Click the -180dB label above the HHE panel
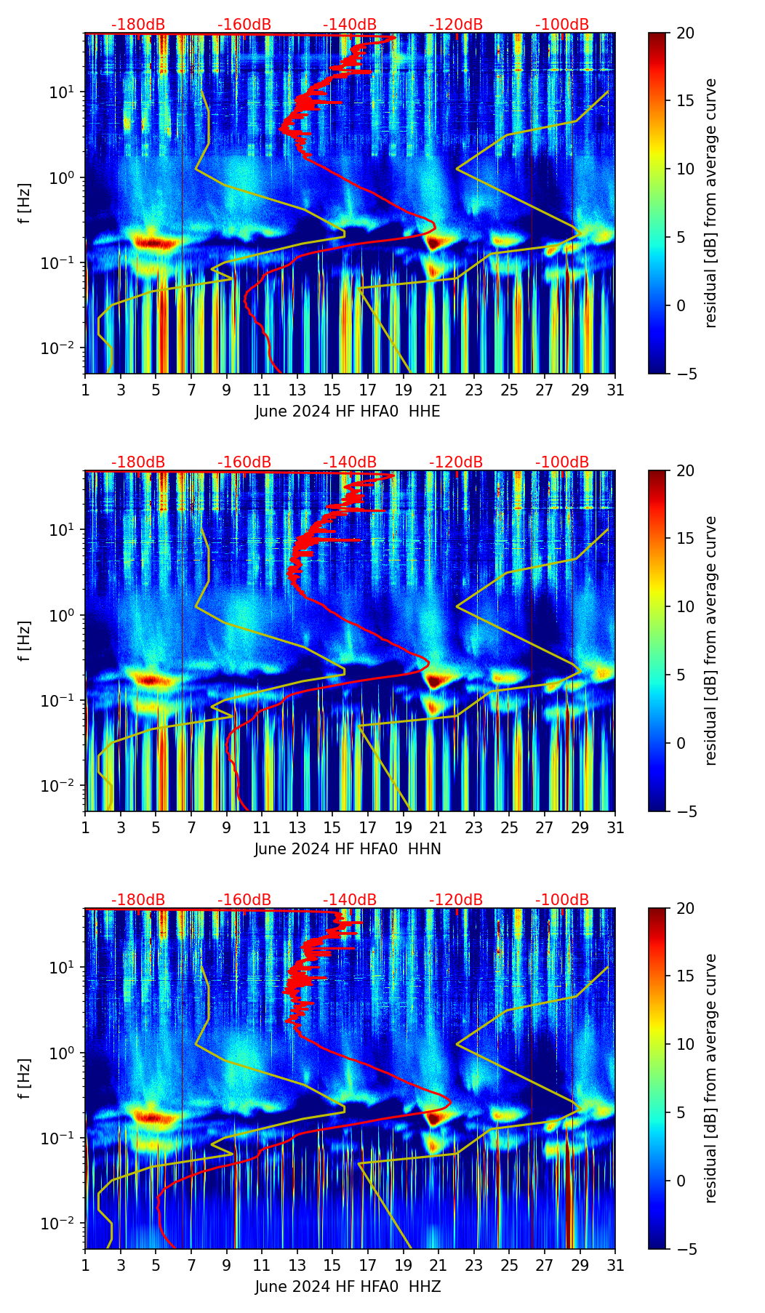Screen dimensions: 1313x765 point(138,25)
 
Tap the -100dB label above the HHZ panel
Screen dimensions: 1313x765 point(562,900)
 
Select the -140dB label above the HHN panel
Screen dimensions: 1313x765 point(350,462)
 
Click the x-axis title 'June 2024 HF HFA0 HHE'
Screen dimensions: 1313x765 point(348,411)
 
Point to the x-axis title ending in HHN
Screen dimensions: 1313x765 point(348,849)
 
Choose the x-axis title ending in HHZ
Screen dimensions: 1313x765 point(348,1287)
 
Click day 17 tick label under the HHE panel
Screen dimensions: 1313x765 point(368,390)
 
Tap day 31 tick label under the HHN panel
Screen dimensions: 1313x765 point(615,828)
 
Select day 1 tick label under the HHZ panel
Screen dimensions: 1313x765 point(85,1266)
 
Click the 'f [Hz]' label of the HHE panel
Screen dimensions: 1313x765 point(25,204)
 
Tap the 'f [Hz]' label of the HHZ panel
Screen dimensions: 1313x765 point(25,1079)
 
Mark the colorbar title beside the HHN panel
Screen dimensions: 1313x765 point(711,641)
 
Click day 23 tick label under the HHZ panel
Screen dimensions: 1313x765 point(474,1266)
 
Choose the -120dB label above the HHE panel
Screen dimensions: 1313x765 point(456,25)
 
